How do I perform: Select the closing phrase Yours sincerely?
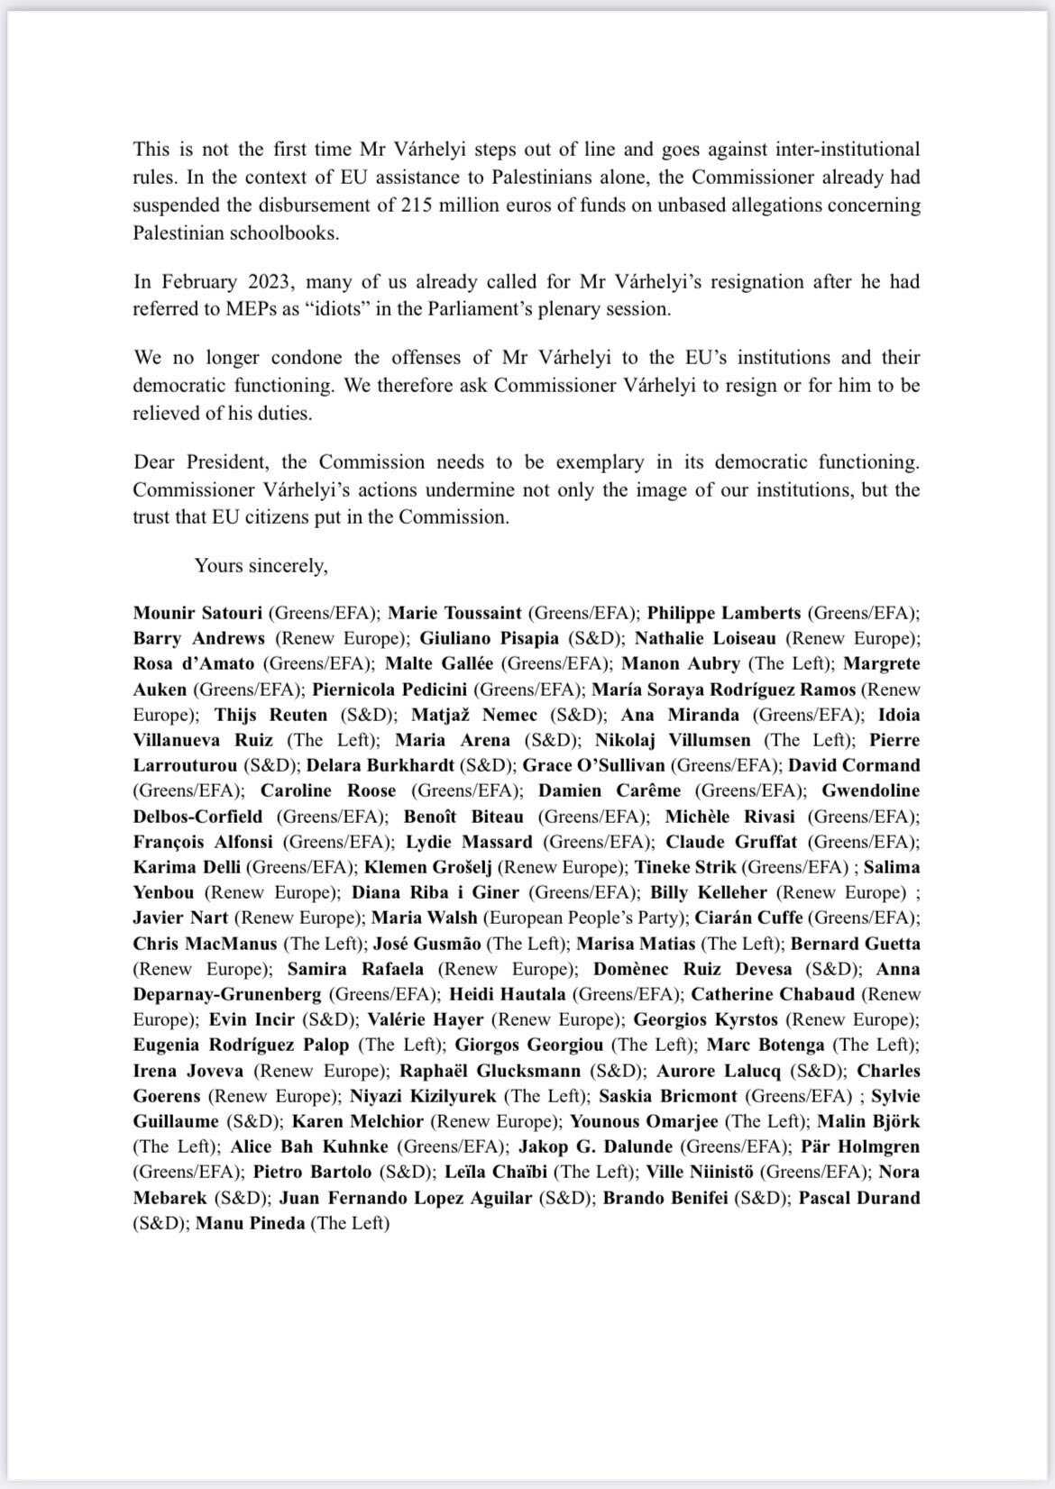coord(261,565)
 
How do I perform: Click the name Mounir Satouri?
coord(198,613)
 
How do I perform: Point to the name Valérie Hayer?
coord(426,1020)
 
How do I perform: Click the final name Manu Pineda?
coord(250,1224)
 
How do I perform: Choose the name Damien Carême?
coord(610,790)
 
